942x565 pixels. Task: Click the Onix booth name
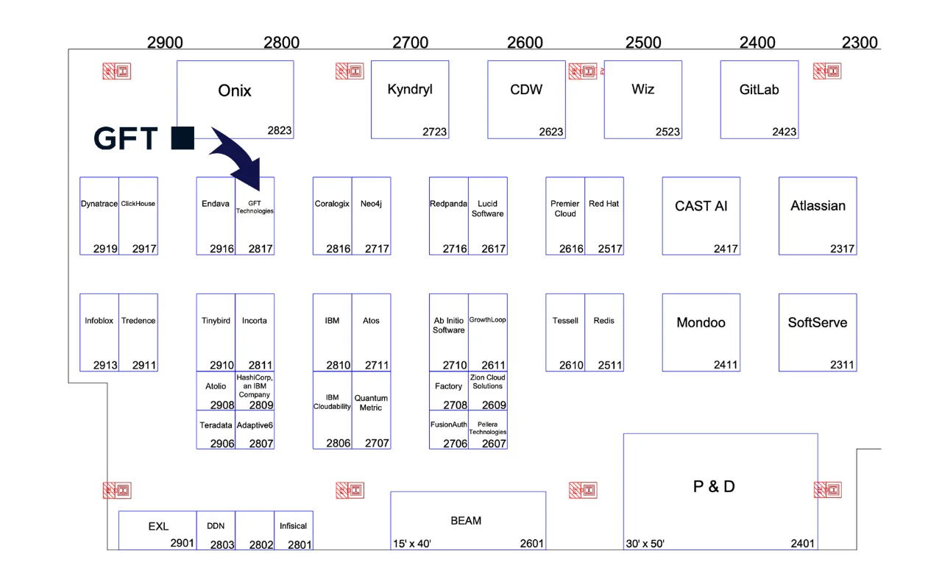(x=235, y=90)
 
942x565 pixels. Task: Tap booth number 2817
(x=261, y=249)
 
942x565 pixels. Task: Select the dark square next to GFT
(x=183, y=138)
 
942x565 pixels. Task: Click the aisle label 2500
(x=643, y=43)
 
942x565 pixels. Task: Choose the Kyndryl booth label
(x=410, y=90)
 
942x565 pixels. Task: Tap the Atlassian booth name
(x=818, y=206)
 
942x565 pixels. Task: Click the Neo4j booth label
(x=371, y=204)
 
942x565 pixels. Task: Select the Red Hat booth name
(x=603, y=204)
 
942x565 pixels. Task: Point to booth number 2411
(x=726, y=365)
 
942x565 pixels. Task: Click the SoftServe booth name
(x=818, y=323)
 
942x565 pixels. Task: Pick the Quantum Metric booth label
(x=371, y=403)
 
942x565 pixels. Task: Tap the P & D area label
(x=714, y=486)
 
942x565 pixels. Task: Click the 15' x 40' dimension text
(x=412, y=544)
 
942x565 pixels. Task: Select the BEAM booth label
(x=466, y=521)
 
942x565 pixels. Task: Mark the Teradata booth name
(x=216, y=425)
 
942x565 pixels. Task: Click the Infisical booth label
(x=293, y=526)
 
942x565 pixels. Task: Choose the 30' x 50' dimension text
(x=645, y=544)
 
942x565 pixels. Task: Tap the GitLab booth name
(x=759, y=90)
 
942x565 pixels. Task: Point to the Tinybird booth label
(x=216, y=321)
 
